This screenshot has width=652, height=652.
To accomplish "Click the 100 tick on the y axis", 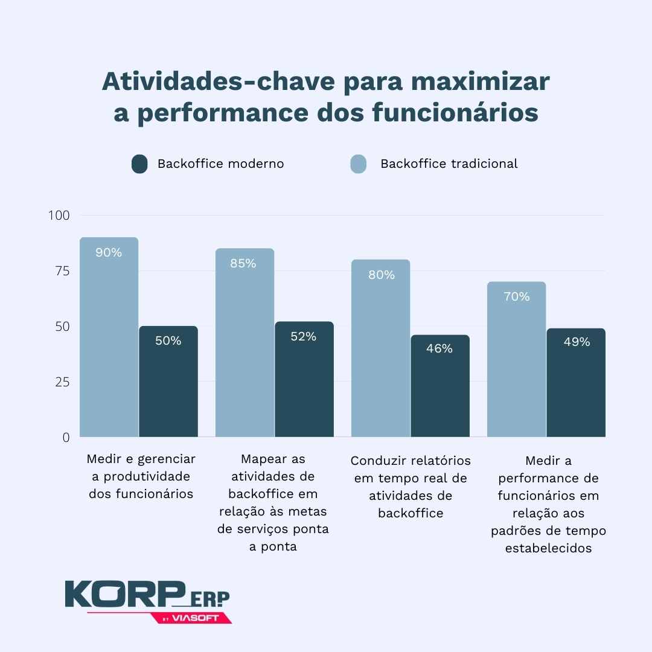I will [x=59, y=216].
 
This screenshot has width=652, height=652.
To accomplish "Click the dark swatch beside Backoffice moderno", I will [x=139, y=164].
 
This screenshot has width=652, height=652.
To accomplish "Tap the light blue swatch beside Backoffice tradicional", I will [x=359, y=164].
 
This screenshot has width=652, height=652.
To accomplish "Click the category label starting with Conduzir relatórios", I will [x=411, y=487].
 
